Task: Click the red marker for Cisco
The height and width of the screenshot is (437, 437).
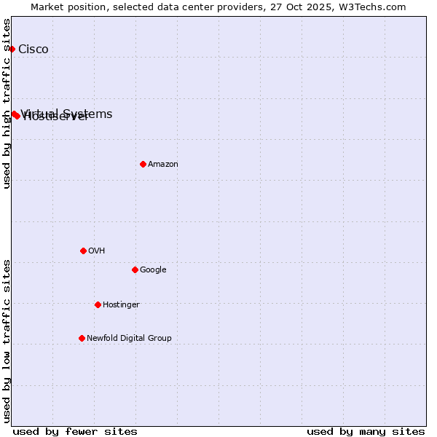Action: (x=12, y=49)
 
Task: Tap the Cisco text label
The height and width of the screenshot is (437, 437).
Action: (x=34, y=50)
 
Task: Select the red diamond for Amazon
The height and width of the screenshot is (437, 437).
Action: (x=143, y=164)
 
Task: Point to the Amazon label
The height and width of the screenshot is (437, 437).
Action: (x=163, y=165)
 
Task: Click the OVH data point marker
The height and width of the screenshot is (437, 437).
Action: (x=83, y=251)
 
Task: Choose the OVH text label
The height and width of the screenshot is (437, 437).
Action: (x=97, y=251)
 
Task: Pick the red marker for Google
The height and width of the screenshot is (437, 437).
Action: (x=135, y=269)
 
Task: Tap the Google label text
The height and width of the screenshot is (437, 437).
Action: (x=153, y=270)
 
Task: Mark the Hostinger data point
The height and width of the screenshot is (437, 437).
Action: (x=98, y=304)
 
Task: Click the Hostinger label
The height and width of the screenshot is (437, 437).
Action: (x=121, y=305)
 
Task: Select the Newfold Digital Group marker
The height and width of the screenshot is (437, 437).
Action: (x=82, y=338)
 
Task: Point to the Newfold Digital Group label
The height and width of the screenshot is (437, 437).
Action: (x=129, y=339)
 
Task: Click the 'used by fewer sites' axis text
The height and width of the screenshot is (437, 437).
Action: (x=75, y=431)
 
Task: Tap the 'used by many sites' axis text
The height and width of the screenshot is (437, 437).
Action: (x=366, y=431)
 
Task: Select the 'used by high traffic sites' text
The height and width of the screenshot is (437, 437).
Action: (x=7, y=103)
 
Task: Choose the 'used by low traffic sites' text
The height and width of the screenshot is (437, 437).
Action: (x=7, y=341)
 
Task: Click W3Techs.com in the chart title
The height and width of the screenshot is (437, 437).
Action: (x=375, y=7)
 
